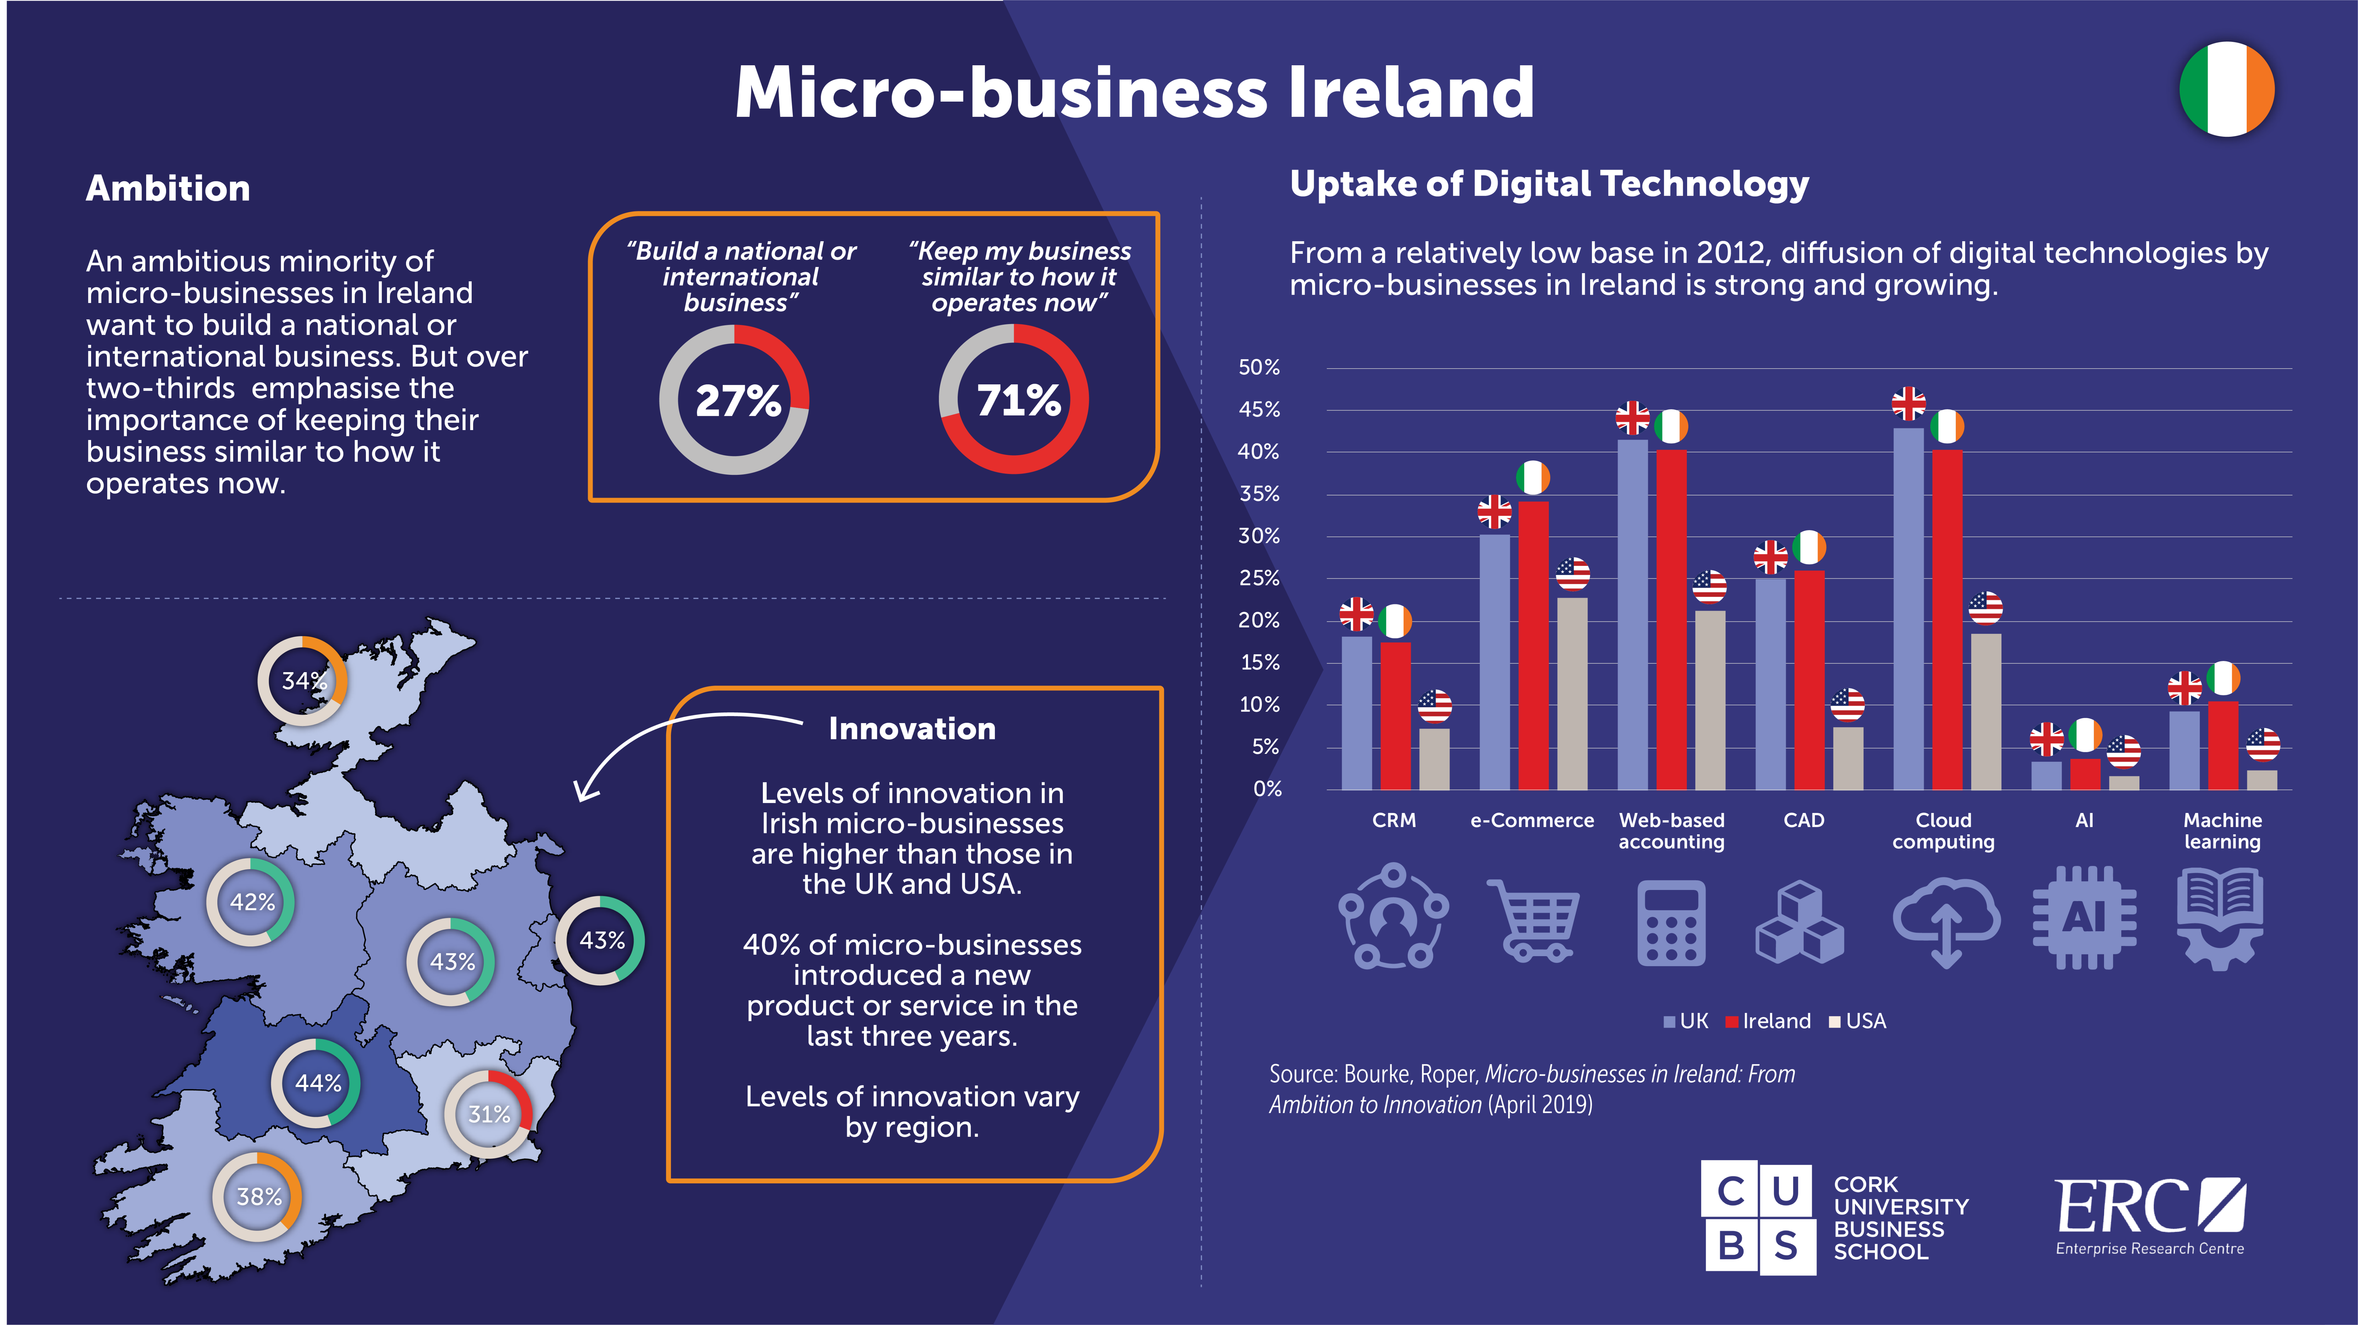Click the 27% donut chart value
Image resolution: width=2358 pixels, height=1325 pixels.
tap(737, 401)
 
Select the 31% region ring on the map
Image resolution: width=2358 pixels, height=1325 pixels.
tap(489, 1114)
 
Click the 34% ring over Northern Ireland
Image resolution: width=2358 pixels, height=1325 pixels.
tap(303, 681)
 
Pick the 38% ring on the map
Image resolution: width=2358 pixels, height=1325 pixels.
tap(258, 1196)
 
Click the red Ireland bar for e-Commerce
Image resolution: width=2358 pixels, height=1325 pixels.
tap(1533, 645)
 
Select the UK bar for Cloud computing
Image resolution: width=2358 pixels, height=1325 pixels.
tap(1908, 608)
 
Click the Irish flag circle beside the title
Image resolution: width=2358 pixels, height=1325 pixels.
tap(2226, 89)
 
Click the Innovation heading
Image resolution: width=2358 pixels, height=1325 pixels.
tap(912, 728)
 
